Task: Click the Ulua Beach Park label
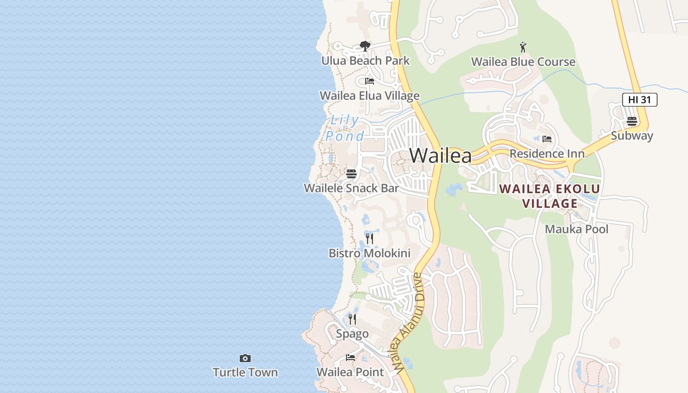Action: [365, 61]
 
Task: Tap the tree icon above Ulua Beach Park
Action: [365, 46]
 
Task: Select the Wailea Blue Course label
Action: [523, 62]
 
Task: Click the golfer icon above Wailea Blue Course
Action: [523, 47]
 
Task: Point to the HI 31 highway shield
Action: [639, 100]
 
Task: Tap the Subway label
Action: [631, 136]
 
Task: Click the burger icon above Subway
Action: [632, 121]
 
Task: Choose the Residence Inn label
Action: [547, 154]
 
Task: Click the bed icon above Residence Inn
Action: [547, 139]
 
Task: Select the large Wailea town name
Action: [440, 156]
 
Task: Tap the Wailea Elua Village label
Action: [370, 96]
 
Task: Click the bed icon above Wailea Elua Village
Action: [370, 81]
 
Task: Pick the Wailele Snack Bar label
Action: [351, 188]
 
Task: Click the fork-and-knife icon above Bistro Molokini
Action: [370, 239]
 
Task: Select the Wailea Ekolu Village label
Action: [549, 196]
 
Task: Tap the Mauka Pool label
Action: [576, 229]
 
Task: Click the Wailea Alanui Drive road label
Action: [406, 322]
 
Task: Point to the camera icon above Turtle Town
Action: [245, 358]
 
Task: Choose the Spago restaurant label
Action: [352, 334]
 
